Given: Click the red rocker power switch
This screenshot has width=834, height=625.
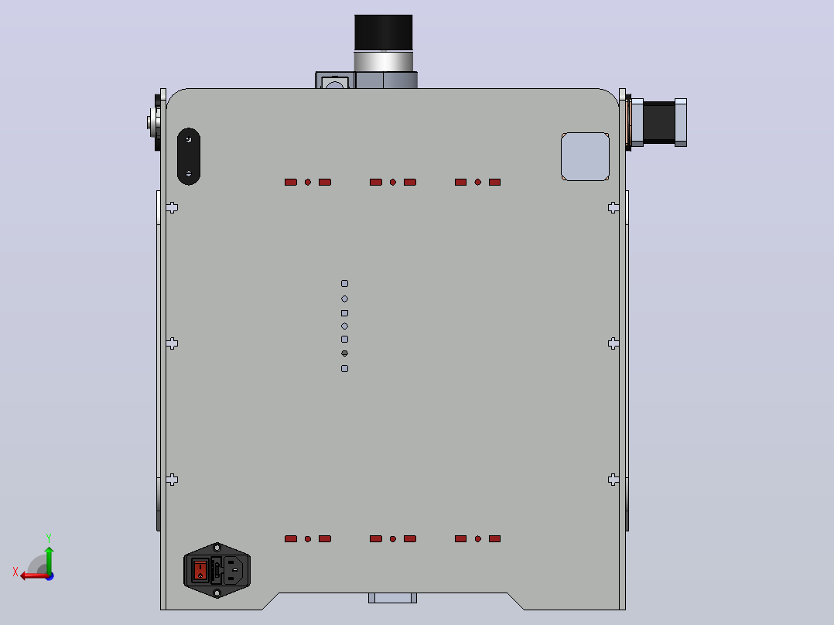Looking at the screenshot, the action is tap(200, 570).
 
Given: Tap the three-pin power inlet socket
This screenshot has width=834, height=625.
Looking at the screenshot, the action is tap(233, 569).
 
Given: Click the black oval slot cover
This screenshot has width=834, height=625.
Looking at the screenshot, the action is tap(188, 156).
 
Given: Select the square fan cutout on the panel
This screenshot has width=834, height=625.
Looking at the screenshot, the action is tap(585, 156).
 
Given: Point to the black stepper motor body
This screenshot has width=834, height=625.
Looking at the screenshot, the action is tap(659, 121).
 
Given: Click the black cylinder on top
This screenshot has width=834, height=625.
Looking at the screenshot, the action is tap(384, 32).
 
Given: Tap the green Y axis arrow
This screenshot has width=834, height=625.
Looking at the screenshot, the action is tap(49, 559).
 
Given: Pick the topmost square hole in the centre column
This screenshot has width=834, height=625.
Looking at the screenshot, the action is tap(345, 284).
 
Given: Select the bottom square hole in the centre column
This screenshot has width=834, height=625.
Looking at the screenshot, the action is tap(345, 369).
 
